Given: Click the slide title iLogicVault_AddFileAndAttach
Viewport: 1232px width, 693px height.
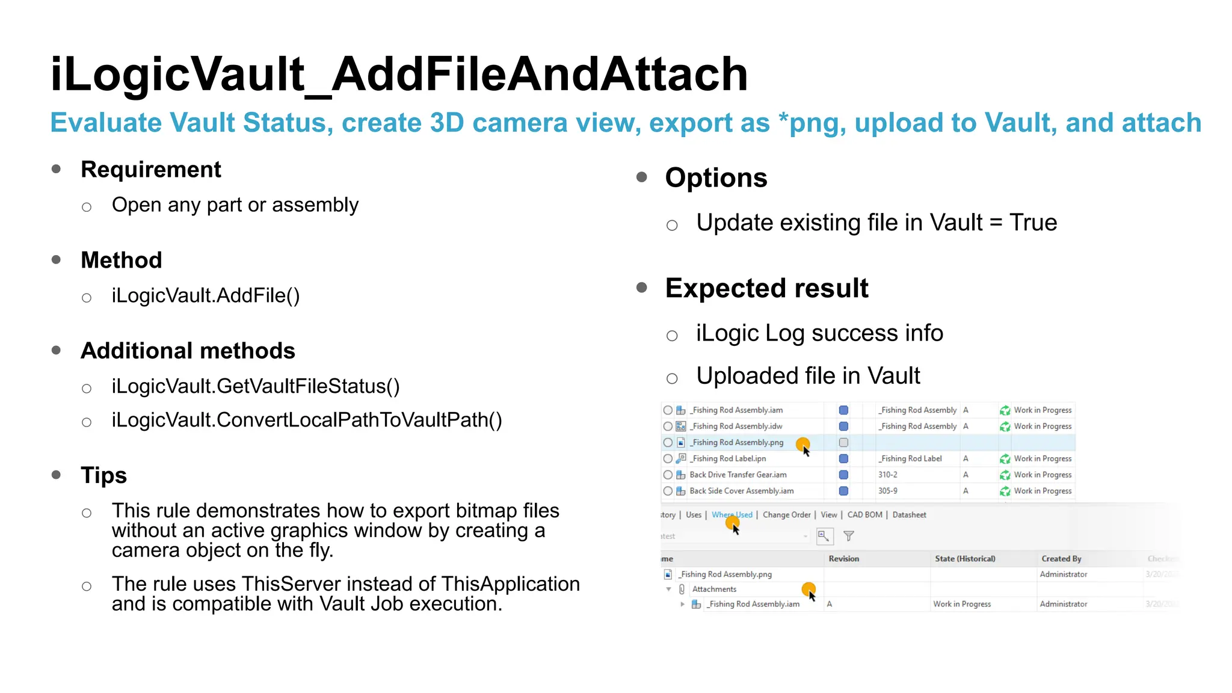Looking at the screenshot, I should (399, 74).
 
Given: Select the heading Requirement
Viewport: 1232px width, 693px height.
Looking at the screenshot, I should (151, 170).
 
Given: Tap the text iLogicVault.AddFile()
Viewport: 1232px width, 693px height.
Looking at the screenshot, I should (206, 295).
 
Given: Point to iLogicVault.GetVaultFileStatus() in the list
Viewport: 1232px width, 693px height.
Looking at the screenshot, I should (256, 386).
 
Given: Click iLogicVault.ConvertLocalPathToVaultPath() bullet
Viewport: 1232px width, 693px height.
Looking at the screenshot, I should (307, 420).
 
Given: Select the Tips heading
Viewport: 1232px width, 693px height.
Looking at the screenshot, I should (103, 475).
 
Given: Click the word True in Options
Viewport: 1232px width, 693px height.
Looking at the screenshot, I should (1033, 223).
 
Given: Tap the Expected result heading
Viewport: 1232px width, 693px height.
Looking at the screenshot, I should (766, 288).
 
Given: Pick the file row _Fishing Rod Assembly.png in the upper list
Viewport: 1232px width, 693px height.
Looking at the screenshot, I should (737, 443).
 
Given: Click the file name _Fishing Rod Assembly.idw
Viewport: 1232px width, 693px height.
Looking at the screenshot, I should (737, 427).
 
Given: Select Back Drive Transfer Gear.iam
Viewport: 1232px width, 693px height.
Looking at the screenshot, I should (738, 475).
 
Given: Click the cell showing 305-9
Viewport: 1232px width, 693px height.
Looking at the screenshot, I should (887, 491).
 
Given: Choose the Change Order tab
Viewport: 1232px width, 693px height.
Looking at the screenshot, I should (786, 515).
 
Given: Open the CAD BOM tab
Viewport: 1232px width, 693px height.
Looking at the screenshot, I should (864, 515).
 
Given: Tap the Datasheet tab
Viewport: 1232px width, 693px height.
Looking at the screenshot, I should (909, 515).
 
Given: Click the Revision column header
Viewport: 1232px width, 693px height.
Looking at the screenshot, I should (843, 559).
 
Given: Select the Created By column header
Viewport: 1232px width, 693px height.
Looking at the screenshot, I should (1061, 559).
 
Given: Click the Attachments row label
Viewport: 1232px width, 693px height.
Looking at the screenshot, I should (714, 590).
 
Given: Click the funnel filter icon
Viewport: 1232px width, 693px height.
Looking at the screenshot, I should (849, 536).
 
